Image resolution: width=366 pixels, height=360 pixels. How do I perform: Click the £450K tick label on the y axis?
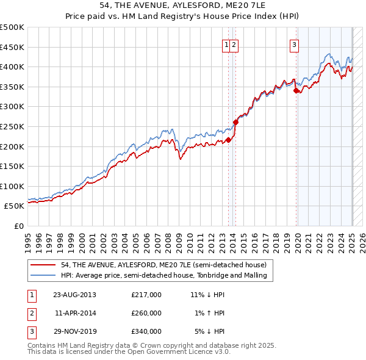(x=12, y=47)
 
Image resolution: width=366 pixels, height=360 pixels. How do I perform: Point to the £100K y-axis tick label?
(x=12, y=186)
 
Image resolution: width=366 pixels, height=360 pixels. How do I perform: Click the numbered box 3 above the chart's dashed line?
(x=294, y=44)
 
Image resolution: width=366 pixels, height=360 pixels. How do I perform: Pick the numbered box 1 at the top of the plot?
(x=226, y=44)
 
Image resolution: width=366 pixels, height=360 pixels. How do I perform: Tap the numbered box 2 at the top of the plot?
(x=234, y=44)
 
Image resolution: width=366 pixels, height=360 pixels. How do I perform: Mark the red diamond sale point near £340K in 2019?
(x=296, y=90)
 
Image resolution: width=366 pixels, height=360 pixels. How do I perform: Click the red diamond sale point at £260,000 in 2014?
(x=235, y=122)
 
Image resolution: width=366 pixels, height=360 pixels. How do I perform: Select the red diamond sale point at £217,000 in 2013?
(x=228, y=140)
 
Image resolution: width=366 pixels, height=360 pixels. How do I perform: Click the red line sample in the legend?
(x=43, y=265)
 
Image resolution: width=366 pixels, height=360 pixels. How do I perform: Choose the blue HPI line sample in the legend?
(x=43, y=275)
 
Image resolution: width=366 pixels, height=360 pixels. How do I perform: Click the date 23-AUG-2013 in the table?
(x=74, y=295)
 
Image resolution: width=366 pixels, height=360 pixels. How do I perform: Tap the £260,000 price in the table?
(x=146, y=313)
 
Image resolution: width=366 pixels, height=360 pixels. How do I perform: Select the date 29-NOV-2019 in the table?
(x=74, y=331)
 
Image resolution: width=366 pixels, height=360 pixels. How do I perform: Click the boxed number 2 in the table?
(x=32, y=313)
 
